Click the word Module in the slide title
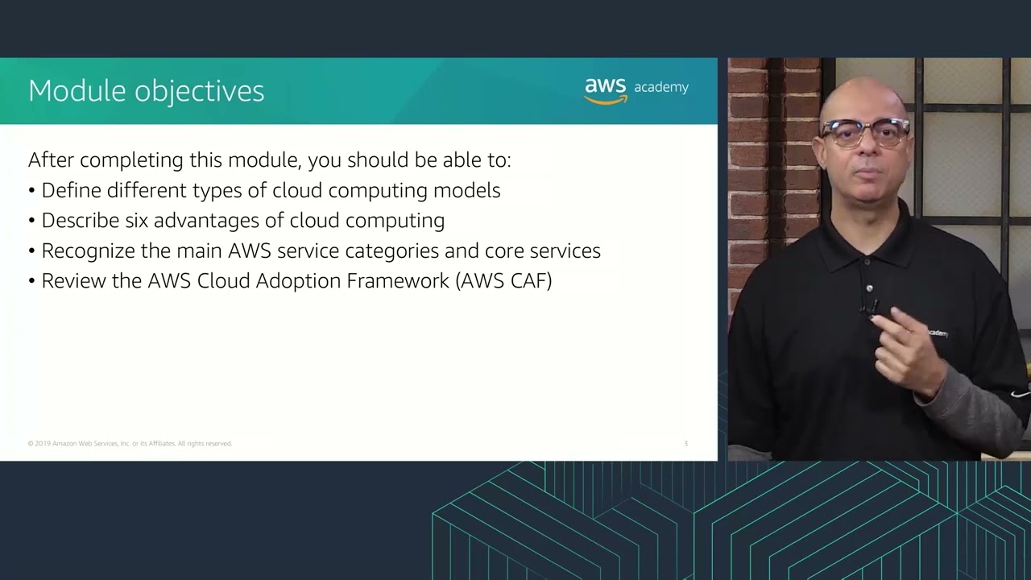tap(77, 91)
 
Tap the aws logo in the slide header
tap(606, 90)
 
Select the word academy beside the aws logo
tap(661, 88)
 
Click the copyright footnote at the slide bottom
tap(130, 444)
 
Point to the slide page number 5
tap(686, 444)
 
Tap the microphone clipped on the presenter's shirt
tap(870, 307)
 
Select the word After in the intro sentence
tap(51, 160)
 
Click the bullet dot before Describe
tap(32, 222)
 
